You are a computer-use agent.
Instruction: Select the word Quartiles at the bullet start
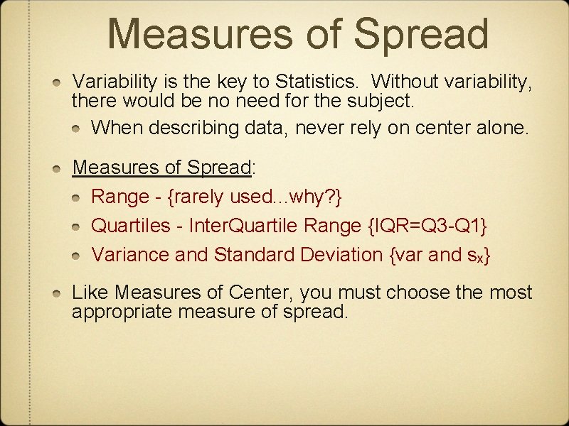(131, 226)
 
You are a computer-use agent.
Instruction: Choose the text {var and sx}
(440, 254)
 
